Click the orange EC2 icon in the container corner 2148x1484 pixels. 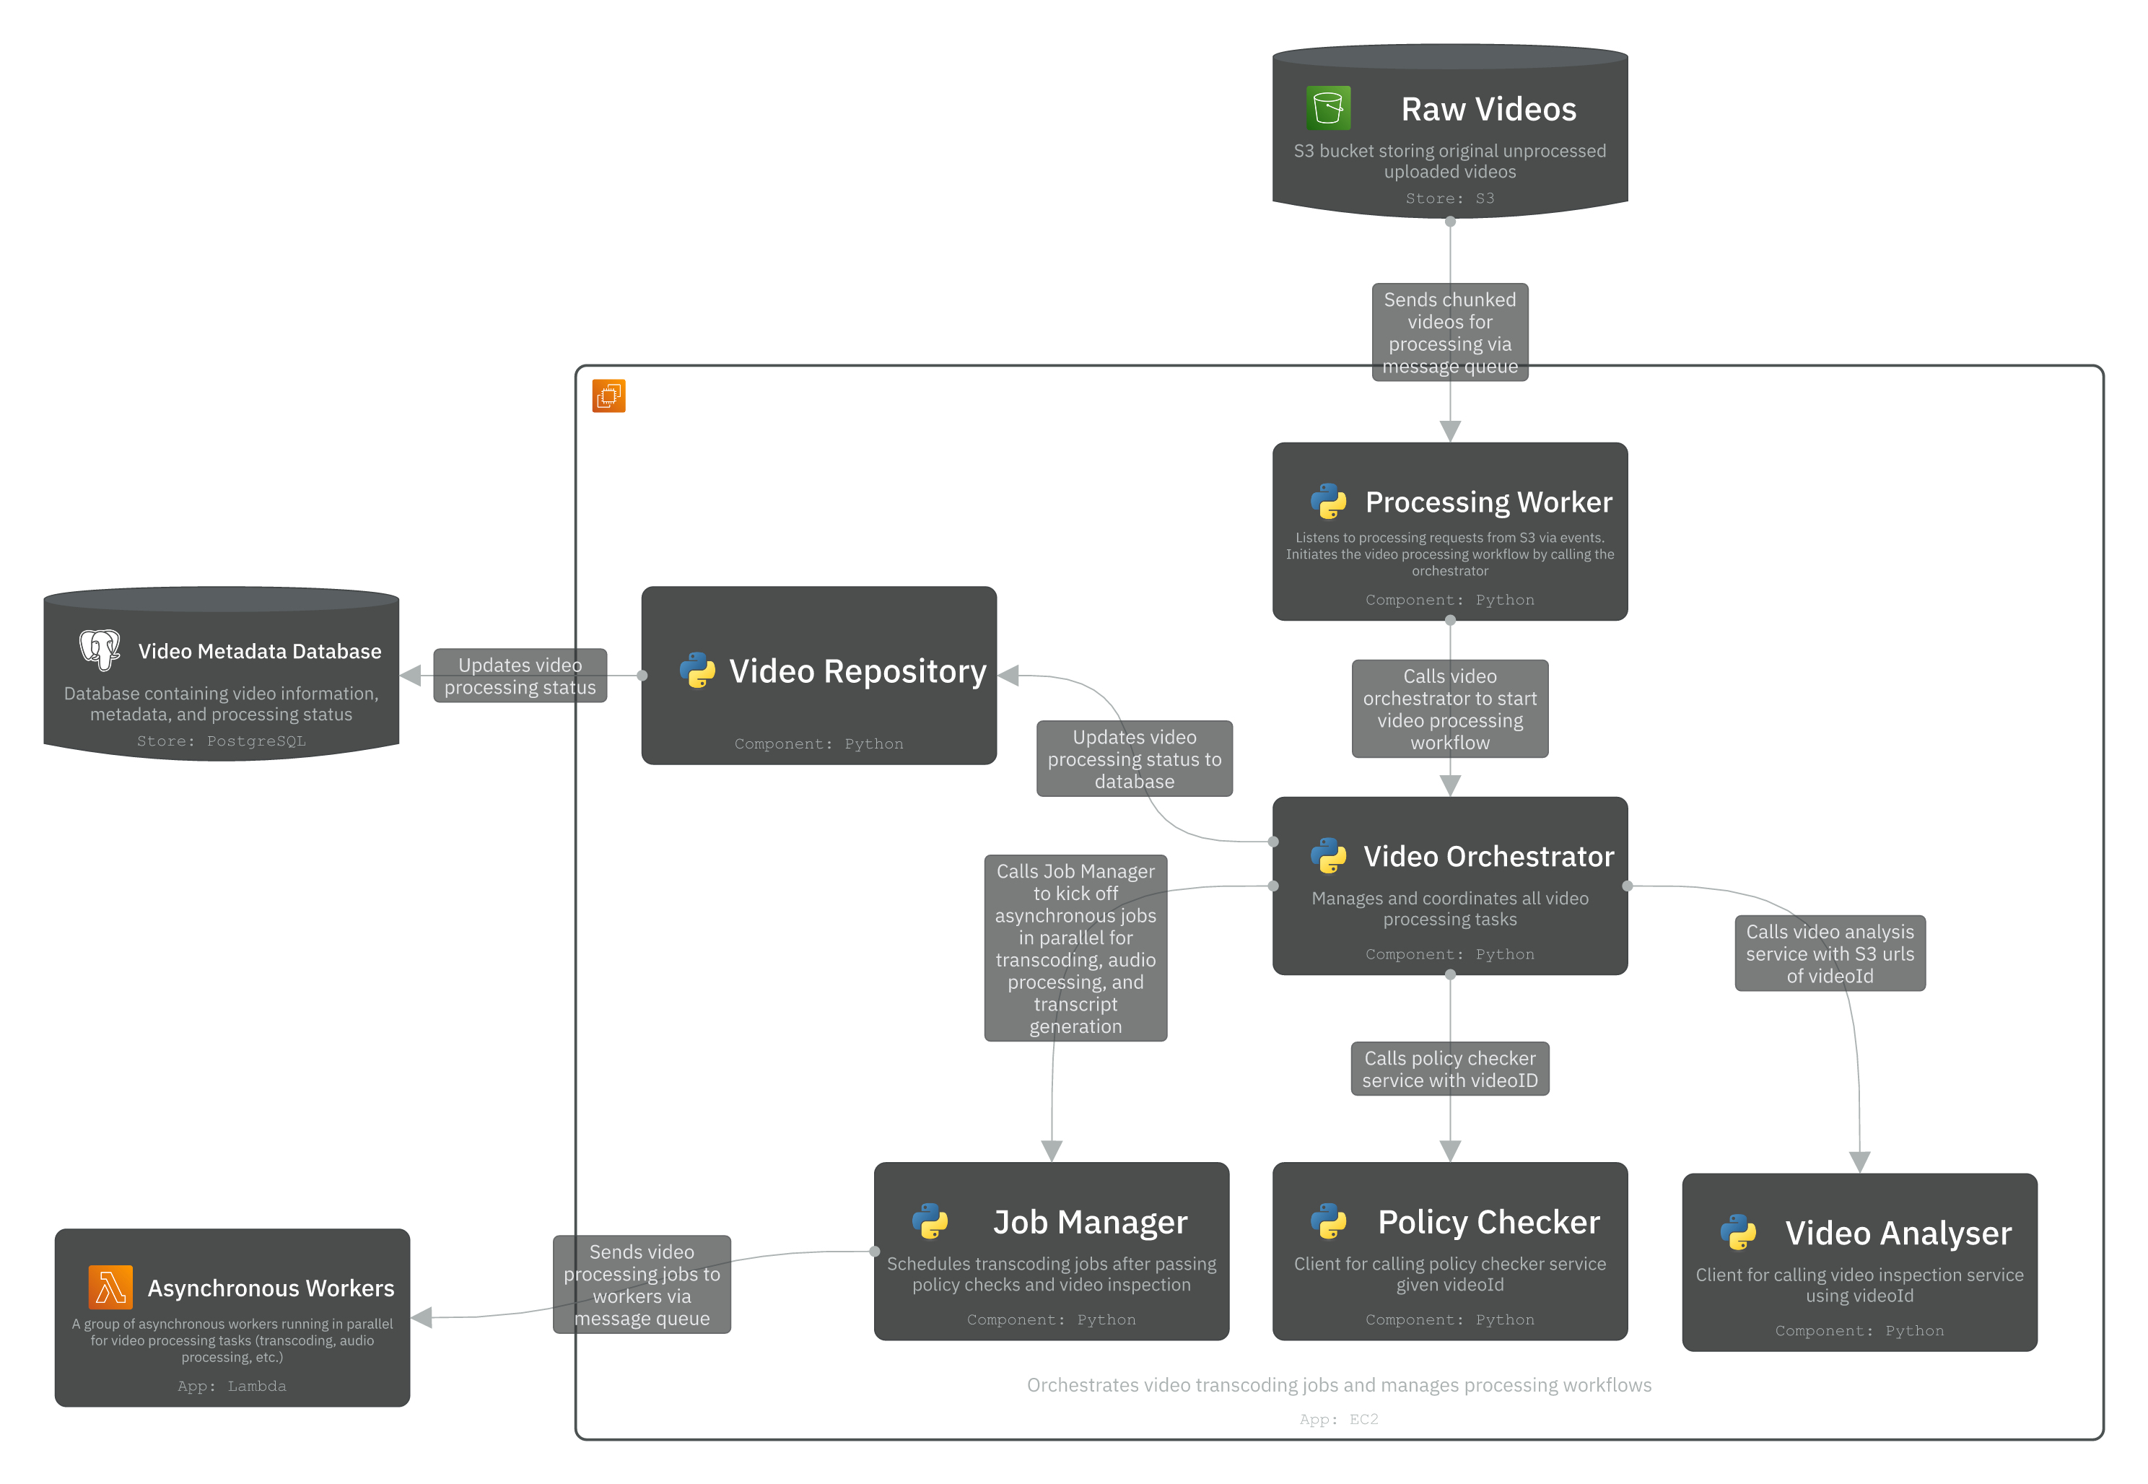608,396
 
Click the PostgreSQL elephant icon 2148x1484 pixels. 100,649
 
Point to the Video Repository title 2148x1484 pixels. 857,671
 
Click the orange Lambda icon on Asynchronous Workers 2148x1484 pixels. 110,1288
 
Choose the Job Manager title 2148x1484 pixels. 1090,1222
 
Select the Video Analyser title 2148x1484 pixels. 1897,1233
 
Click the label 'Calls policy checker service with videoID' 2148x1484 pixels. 1449,1069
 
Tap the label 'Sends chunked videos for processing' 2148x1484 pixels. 1449,333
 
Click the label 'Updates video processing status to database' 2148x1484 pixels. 1135,759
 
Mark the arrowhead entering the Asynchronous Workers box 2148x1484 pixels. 422,1317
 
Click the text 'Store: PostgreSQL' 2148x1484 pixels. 222,741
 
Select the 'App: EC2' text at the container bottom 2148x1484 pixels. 1338,1419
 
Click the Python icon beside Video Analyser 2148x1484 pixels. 1737,1233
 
